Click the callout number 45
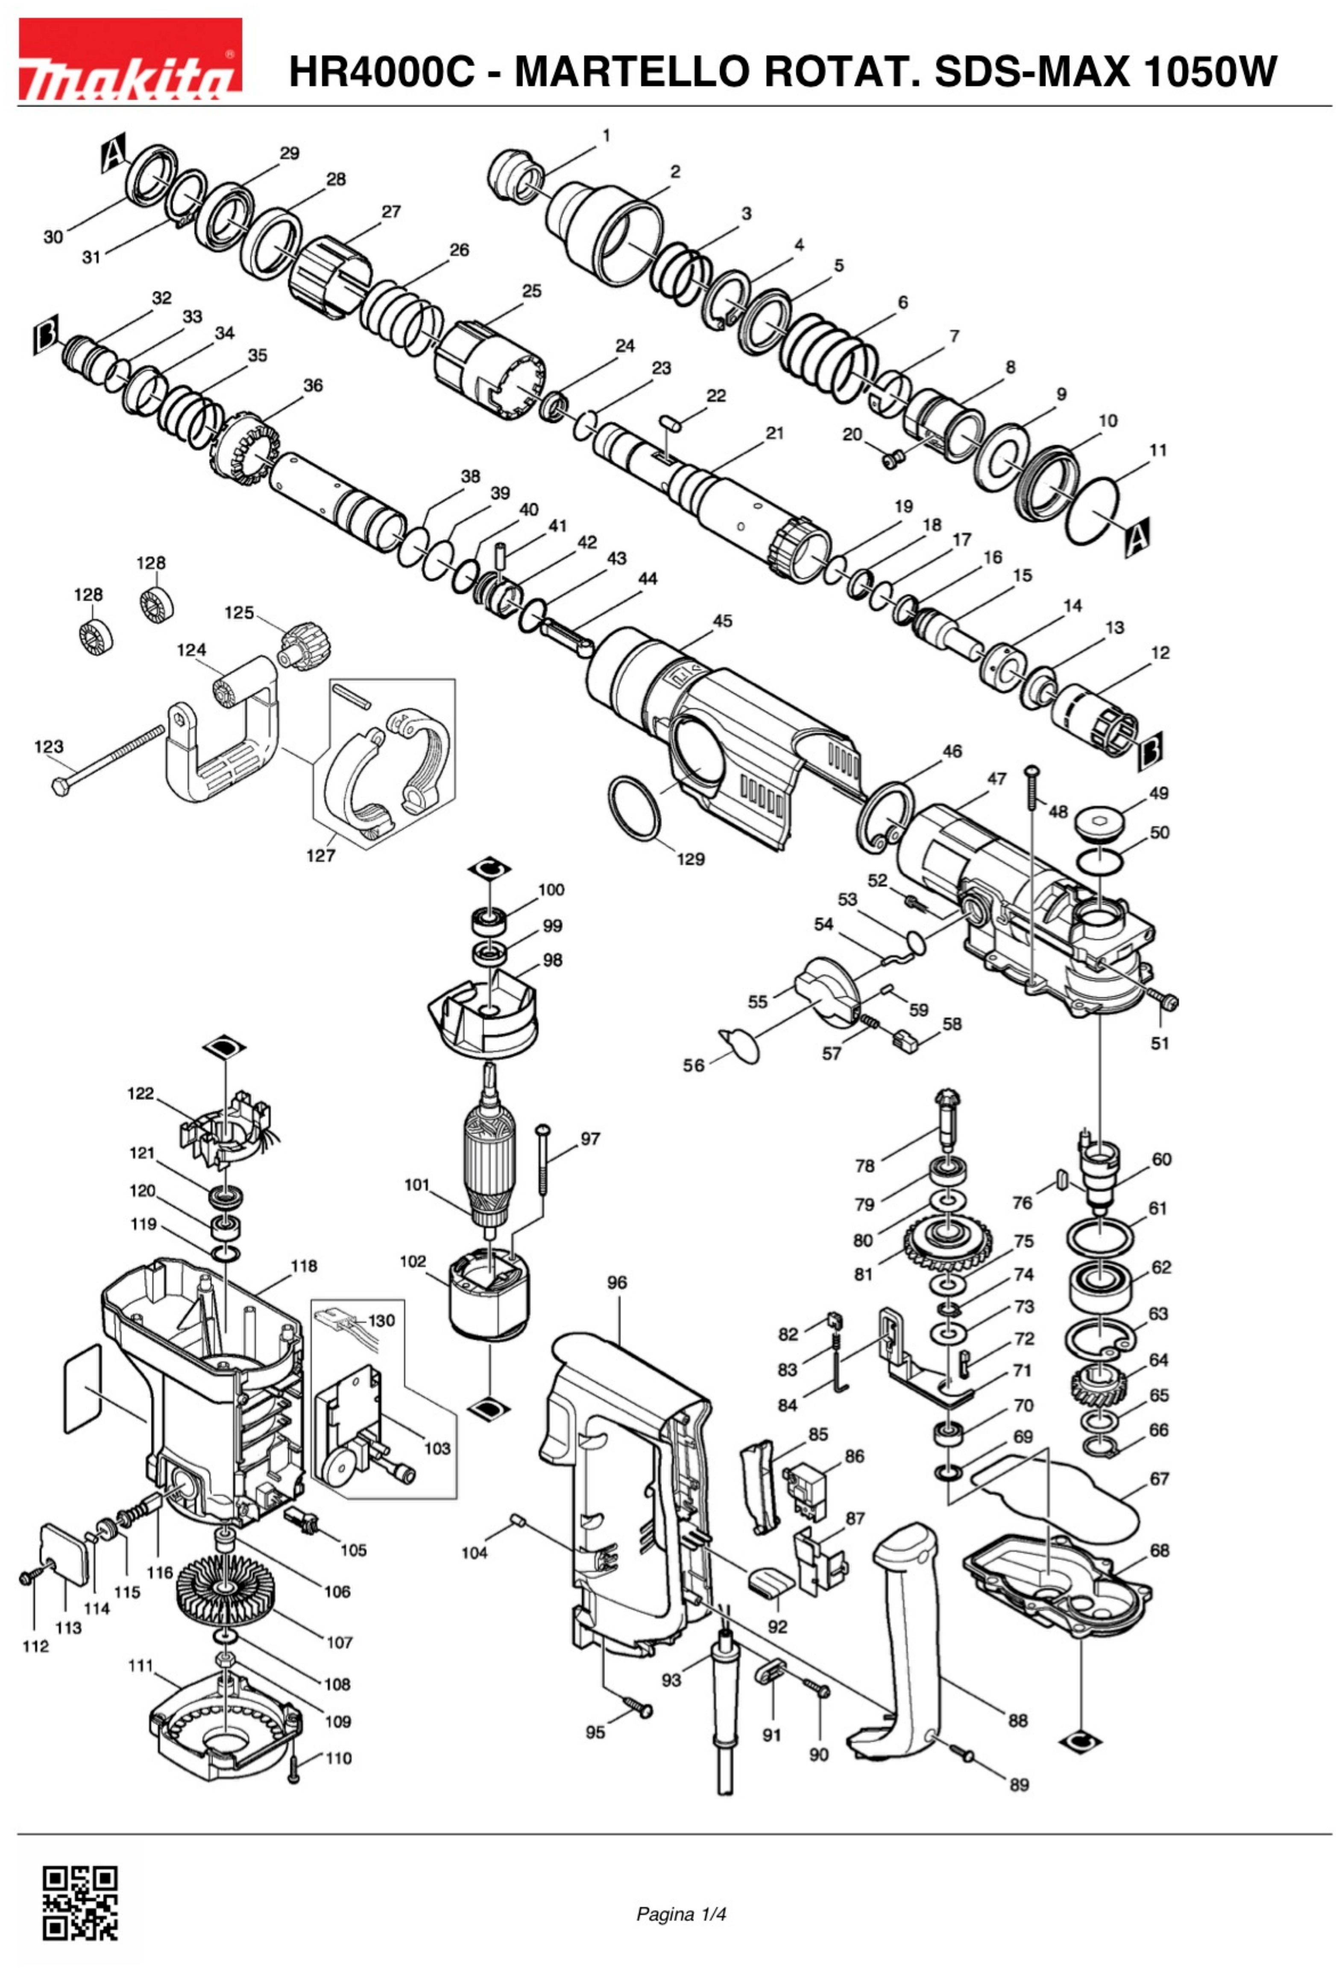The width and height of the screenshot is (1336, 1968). (x=722, y=621)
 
